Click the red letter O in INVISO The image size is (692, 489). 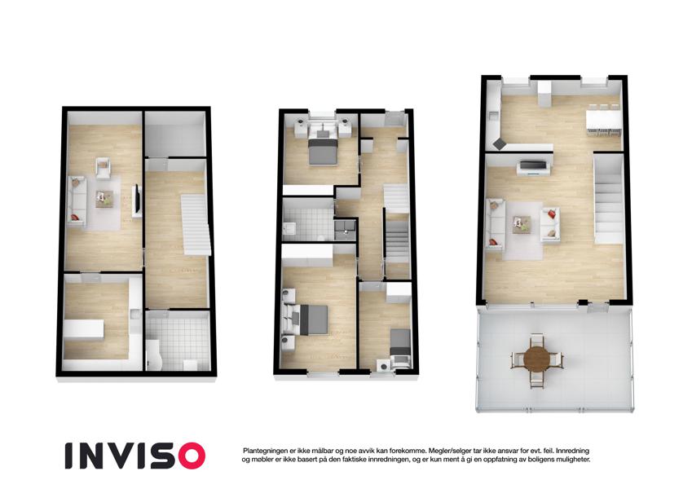(x=191, y=456)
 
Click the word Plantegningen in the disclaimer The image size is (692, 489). (x=265, y=451)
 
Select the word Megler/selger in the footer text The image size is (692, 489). (x=449, y=451)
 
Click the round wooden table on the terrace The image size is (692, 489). (x=536, y=359)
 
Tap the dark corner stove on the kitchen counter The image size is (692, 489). (x=500, y=143)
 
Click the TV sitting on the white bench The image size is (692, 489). (x=534, y=165)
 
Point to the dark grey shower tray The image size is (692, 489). (x=345, y=230)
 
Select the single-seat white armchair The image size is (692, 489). (x=103, y=169)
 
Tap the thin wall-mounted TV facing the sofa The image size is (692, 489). (x=138, y=199)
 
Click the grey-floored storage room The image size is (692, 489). (x=175, y=134)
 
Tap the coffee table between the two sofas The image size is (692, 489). (x=522, y=224)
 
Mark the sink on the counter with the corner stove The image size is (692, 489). (x=493, y=117)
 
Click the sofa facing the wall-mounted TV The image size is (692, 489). (x=77, y=201)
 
